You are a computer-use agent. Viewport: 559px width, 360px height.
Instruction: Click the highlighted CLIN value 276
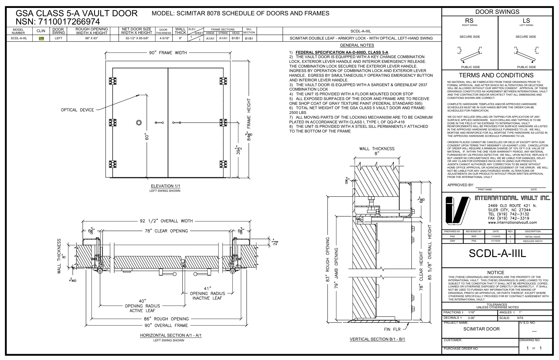(41, 38)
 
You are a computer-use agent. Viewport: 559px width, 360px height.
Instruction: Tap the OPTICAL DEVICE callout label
(78, 110)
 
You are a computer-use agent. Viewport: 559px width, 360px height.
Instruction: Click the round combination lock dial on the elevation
(139, 122)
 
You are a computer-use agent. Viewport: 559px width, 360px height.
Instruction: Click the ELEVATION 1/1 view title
(165, 186)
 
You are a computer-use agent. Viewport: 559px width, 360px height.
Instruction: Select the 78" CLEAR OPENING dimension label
(166, 231)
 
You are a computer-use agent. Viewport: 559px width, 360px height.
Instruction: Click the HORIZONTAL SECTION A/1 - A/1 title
(171, 336)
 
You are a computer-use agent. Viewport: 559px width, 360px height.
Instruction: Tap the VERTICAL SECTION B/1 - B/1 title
(377, 339)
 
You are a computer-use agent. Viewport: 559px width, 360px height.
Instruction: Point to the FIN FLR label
(392, 329)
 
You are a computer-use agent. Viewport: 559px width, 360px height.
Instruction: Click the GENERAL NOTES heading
(357, 45)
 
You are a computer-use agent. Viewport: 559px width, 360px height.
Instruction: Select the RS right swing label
(469, 21)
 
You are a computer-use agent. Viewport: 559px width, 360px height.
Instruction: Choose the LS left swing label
(526, 21)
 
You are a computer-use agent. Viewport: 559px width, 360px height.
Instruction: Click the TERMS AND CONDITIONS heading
(496, 75)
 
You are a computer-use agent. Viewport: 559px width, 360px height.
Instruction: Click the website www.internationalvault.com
(512, 222)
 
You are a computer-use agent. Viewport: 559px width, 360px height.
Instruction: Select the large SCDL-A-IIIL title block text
(497, 254)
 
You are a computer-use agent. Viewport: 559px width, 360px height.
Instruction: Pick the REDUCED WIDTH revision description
(532, 241)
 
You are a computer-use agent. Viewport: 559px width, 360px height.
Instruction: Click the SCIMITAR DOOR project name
(481, 329)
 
